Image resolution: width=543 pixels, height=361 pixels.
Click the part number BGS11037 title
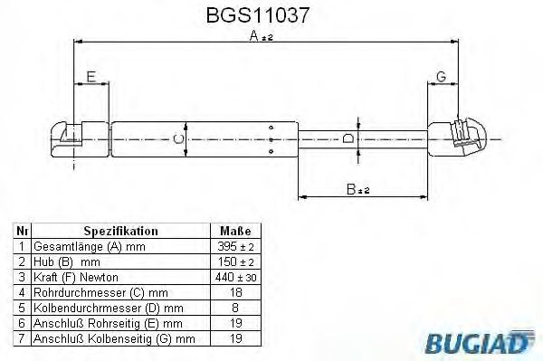257,15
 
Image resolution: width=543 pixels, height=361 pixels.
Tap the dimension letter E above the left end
91,77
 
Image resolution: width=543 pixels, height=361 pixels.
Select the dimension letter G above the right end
442,77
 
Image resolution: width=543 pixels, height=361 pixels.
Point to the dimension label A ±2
262,35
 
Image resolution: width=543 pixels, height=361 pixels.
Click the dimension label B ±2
358,189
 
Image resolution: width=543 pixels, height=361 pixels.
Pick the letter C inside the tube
178,139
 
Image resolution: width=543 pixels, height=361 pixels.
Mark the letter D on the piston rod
348,138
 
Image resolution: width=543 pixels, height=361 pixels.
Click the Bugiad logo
480,342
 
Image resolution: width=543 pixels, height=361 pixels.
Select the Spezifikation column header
120,231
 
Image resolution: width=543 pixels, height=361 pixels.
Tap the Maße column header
235,231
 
